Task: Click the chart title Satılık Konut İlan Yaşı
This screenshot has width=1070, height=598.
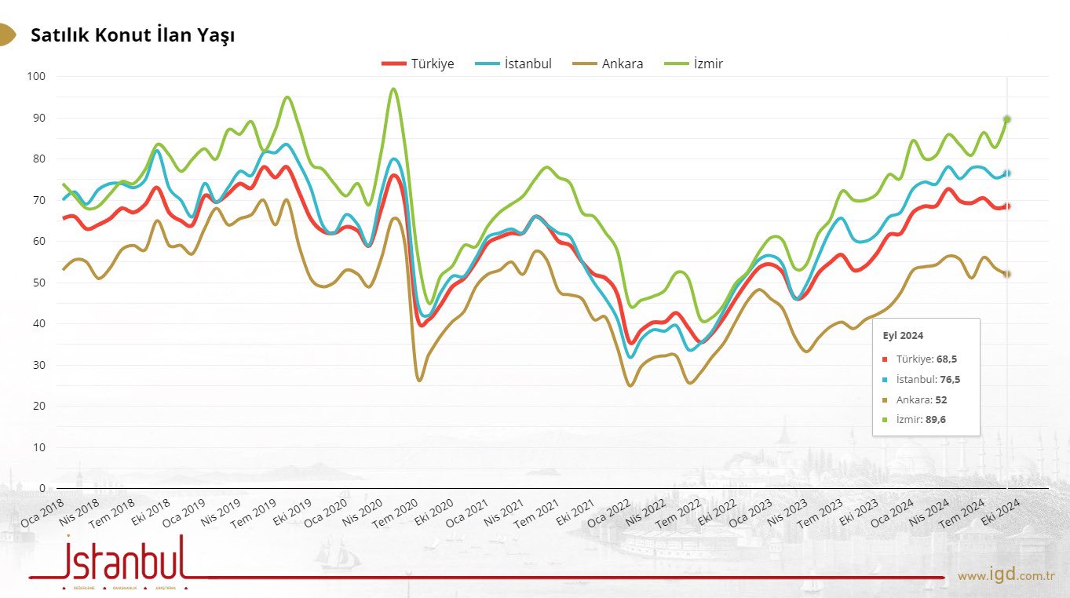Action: pos(133,35)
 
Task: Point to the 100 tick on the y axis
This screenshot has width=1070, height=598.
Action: pos(37,77)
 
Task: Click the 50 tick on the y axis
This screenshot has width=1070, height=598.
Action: pos(39,283)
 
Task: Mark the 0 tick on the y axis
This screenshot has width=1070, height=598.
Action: pos(42,488)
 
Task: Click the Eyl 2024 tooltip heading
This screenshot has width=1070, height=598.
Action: pos(903,335)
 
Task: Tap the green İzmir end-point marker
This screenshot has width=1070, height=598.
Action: pos(1006,119)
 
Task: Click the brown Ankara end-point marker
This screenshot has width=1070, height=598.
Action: pos(1006,274)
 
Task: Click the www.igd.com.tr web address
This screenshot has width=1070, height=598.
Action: pos(1006,576)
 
